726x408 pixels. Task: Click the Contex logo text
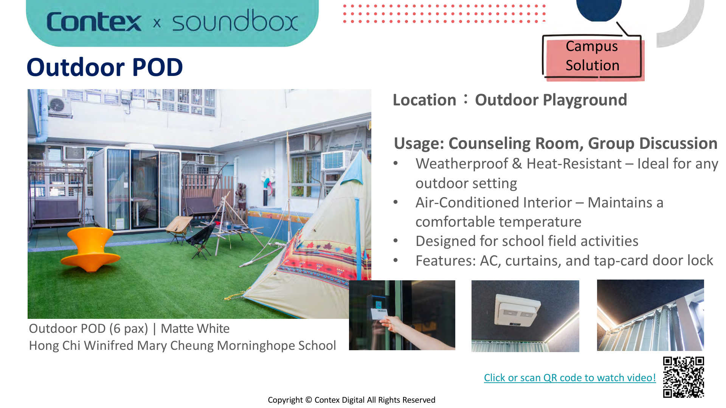[x=94, y=22]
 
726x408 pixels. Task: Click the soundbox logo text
[x=235, y=22]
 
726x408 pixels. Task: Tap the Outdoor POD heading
[x=105, y=67]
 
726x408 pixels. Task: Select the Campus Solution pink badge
[x=592, y=57]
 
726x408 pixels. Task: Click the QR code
[x=683, y=377]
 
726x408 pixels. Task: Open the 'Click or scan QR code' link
[x=569, y=377]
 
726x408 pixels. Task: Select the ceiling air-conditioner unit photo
[x=525, y=316]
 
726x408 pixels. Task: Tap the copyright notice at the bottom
[x=351, y=400]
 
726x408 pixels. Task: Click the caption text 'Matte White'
[x=195, y=328]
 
